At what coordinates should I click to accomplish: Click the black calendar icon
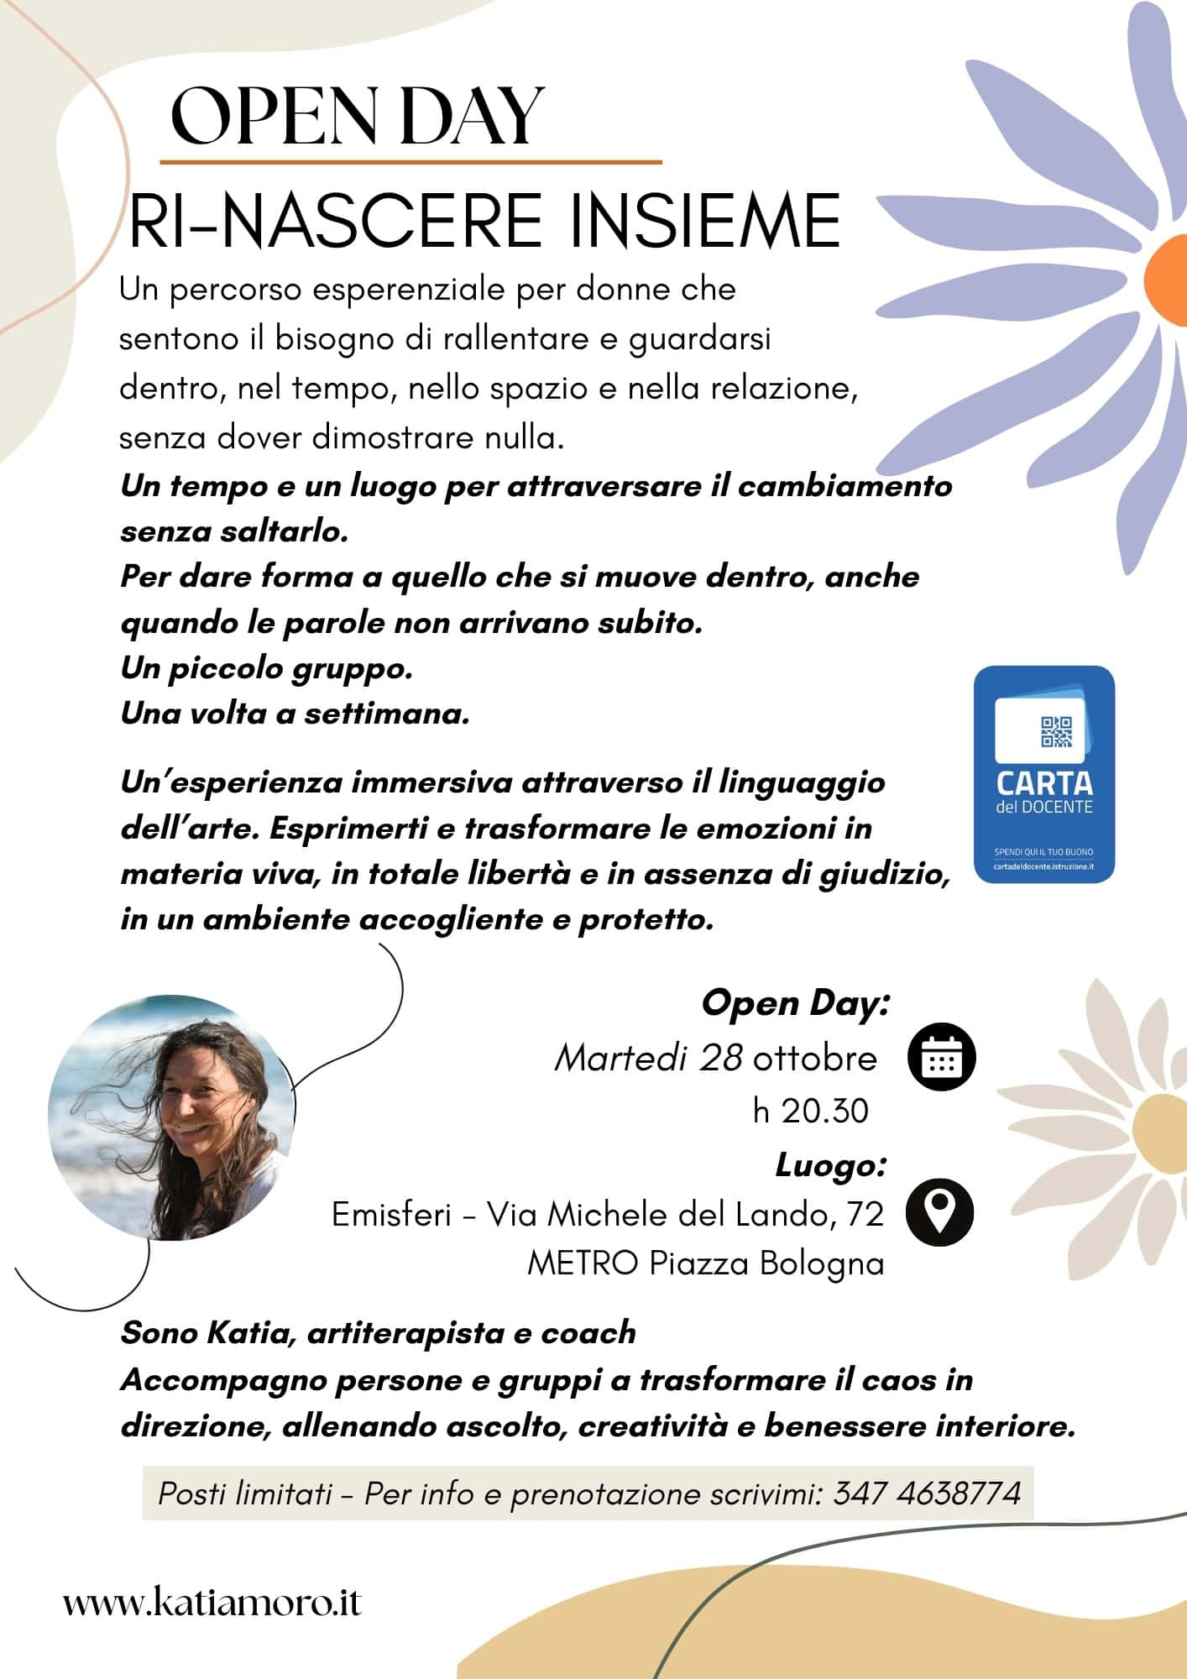click(x=941, y=1057)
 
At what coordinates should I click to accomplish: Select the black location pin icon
click(x=939, y=1212)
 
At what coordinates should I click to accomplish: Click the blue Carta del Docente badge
click(x=1043, y=774)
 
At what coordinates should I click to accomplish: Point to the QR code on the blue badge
click(x=1056, y=732)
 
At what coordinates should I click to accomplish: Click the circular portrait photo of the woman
click(x=171, y=1117)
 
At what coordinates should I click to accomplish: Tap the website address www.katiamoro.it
click(x=212, y=1603)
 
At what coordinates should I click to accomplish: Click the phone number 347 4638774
click(x=927, y=1493)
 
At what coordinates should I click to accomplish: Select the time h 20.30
click(x=810, y=1111)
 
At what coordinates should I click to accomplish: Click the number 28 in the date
click(x=720, y=1059)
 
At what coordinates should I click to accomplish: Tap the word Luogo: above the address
click(x=830, y=1164)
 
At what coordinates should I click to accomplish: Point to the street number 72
click(x=865, y=1214)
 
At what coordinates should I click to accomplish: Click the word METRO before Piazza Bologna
click(x=583, y=1263)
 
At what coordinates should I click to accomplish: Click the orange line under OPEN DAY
click(x=410, y=161)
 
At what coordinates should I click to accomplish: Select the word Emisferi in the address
click(x=391, y=1214)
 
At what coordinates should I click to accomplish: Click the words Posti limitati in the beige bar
click(x=245, y=1493)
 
